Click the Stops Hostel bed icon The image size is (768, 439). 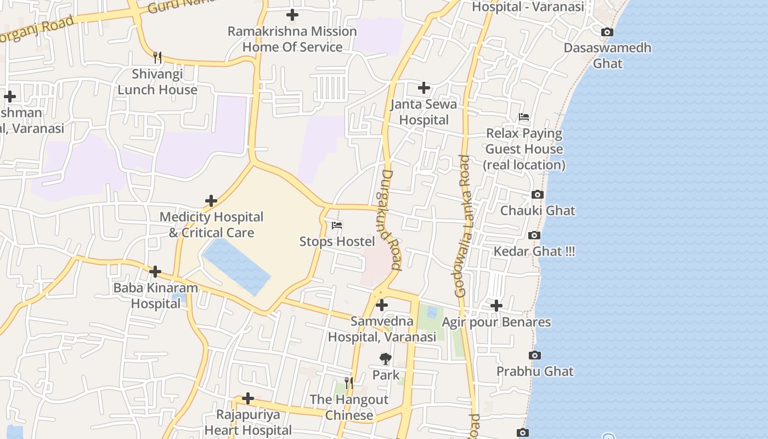(337, 225)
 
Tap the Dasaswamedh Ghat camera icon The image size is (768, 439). (607, 32)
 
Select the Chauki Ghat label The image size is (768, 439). (538, 210)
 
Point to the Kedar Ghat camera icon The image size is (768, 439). (534, 235)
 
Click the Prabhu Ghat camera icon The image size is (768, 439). (535, 356)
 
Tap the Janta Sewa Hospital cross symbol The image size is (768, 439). (423, 88)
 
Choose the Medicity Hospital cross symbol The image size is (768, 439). (211, 201)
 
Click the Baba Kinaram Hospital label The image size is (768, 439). (155, 295)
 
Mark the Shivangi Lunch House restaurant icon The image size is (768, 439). (157, 57)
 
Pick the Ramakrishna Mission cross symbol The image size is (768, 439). (292, 15)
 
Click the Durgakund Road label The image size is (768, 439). (390, 219)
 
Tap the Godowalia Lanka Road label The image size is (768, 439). (462, 226)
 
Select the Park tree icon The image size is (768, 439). (386, 359)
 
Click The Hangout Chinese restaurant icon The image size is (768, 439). (349, 382)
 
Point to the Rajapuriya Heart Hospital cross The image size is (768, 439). (248, 398)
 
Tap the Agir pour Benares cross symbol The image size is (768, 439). (496, 306)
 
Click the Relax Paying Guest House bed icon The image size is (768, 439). (524, 117)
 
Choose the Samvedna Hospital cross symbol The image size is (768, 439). (382, 305)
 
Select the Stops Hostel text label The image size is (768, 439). (337, 241)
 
